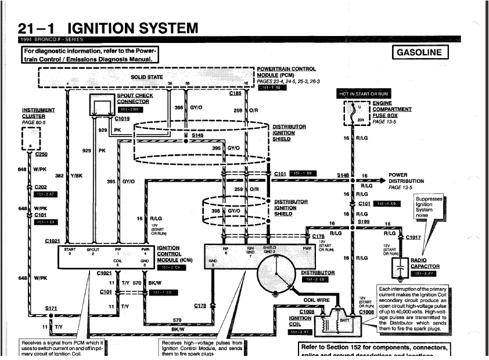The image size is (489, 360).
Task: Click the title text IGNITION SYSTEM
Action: (x=133, y=28)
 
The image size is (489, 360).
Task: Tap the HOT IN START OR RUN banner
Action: (x=364, y=93)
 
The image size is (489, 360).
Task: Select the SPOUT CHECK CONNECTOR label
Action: (x=135, y=99)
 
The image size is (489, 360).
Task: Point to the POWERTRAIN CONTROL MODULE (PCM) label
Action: (x=286, y=72)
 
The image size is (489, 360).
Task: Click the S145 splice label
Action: (x=198, y=135)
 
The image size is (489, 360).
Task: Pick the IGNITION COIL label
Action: (x=300, y=321)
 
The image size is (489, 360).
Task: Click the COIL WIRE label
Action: (x=317, y=300)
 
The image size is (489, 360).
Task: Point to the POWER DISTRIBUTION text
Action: (x=406, y=178)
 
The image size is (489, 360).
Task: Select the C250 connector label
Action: (x=42, y=154)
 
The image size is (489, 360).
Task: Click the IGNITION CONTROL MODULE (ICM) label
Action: (x=168, y=254)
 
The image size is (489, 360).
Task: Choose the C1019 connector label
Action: (x=123, y=118)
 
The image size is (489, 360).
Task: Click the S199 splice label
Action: (x=364, y=221)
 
